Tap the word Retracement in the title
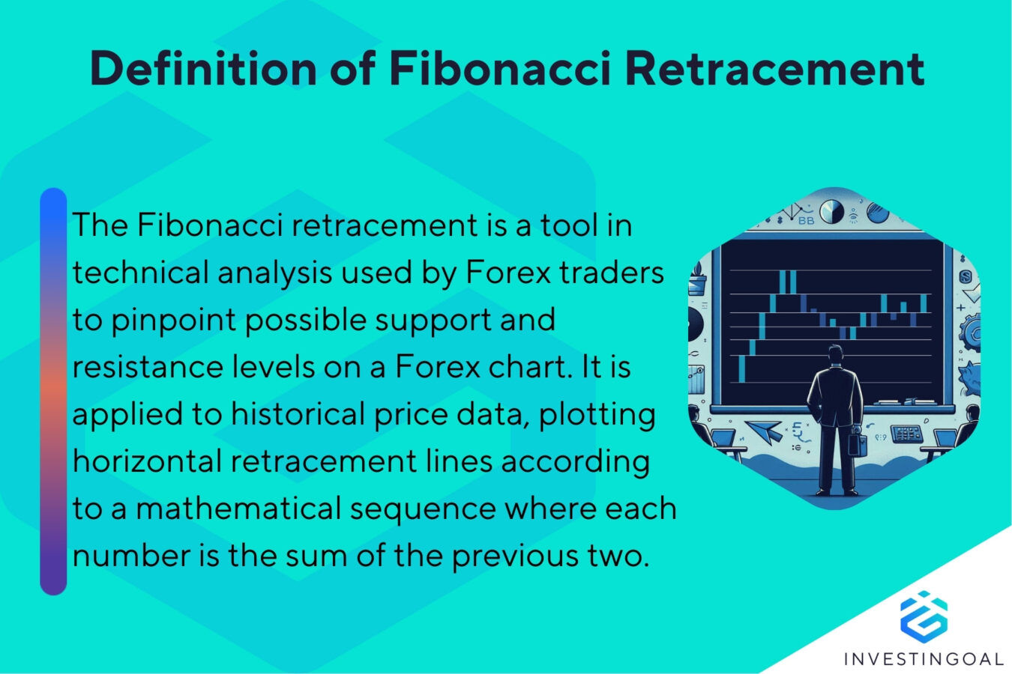(774, 68)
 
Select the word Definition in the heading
(203, 68)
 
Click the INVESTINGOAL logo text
(924, 659)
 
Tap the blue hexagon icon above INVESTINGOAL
(924, 615)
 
